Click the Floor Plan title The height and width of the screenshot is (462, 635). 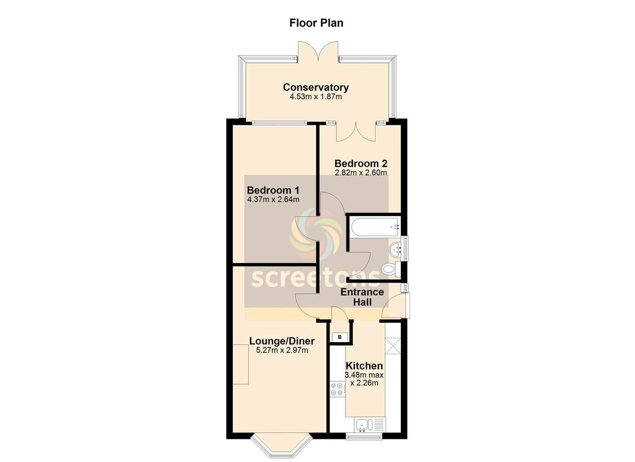(316, 23)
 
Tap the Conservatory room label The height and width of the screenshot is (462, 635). (316, 87)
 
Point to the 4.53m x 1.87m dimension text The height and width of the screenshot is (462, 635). (316, 97)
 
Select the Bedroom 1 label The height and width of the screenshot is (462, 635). (273, 190)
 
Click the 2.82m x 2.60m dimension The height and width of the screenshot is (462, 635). (361, 172)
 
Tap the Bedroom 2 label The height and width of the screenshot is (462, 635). (361, 163)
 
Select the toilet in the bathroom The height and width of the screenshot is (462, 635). (391, 269)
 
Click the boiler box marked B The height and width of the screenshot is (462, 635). (340, 337)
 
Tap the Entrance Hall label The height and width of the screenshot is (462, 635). (362, 297)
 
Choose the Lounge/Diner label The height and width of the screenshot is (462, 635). (282, 341)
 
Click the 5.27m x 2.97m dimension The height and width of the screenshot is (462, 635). (282, 350)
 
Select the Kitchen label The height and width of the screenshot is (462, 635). (364, 366)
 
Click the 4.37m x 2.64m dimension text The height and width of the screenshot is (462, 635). (273, 199)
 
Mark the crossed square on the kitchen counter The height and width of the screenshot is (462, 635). (393, 346)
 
